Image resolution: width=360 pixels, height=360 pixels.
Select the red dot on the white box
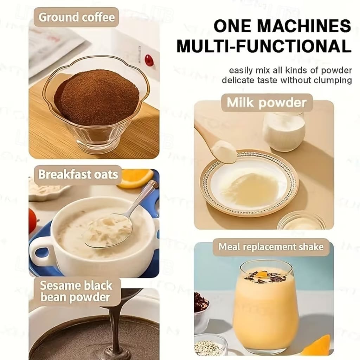[149, 59]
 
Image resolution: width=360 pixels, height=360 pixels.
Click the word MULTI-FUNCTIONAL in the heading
[264, 46]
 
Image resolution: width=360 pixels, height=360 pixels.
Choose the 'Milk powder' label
[267, 103]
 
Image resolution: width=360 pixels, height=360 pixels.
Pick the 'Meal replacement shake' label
[271, 247]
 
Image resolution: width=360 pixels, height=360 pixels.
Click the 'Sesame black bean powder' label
[76, 291]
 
